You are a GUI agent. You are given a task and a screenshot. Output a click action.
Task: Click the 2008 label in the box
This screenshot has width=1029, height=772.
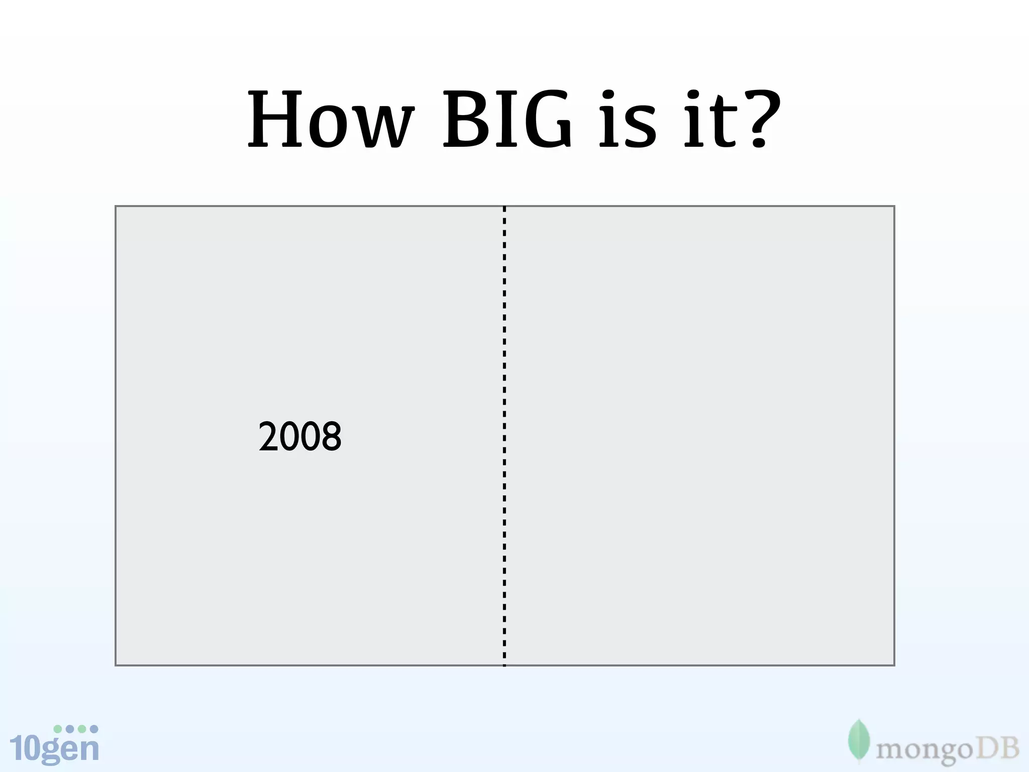pos(300,436)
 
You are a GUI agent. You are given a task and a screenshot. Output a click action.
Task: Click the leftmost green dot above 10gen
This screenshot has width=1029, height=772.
pos(58,729)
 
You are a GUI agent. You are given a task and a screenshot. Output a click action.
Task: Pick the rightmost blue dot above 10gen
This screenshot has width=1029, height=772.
pos(94,729)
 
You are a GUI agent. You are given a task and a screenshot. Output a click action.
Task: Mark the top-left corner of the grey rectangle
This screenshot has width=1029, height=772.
pos(116,207)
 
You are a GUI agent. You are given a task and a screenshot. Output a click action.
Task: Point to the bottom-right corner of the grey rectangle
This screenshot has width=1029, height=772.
pos(894,665)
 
